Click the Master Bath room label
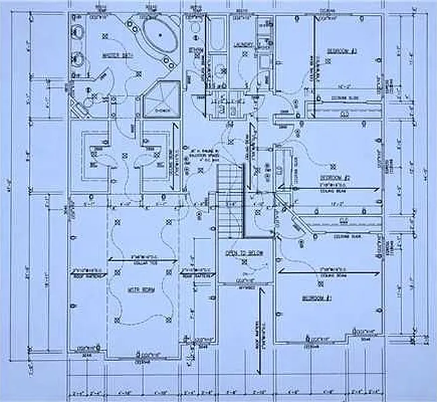click(x=115, y=55)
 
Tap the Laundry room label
click(x=243, y=46)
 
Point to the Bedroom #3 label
click(x=340, y=51)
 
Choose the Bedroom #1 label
click(x=317, y=297)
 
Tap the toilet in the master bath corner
click(x=84, y=100)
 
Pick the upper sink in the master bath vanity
click(x=77, y=31)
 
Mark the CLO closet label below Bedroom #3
click(x=344, y=115)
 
